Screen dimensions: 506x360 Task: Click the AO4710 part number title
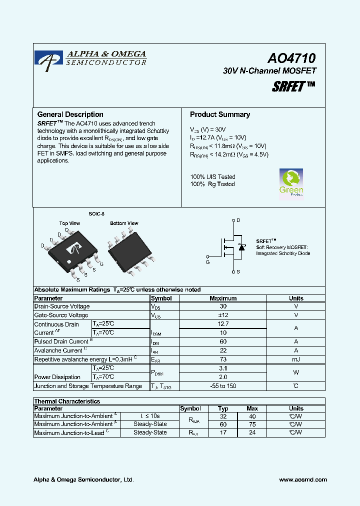[x=291, y=58]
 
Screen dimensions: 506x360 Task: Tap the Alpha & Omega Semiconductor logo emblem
[x=48, y=57]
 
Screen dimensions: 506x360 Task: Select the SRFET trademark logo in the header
[x=293, y=86]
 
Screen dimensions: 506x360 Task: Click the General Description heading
[x=70, y=114]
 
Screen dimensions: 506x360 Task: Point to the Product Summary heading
[x=220, y=114]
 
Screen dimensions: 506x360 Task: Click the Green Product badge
[x=291, y=183]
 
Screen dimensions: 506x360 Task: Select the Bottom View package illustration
[x=128, y=251]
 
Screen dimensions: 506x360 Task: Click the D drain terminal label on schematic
[x=238, y=220]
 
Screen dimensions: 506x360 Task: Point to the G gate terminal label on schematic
[x=207, y=261]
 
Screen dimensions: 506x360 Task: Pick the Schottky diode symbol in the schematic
[x=242, y=247]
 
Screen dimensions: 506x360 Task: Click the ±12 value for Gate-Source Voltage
[x=223, y=315]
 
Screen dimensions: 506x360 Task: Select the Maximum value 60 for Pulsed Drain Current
[x=223, y=341]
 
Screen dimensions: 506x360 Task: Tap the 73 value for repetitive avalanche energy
[x=223, y=359]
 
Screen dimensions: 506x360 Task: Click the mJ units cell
[x=296, y=359]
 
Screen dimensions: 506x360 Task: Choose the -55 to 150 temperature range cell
[x=223, y=386]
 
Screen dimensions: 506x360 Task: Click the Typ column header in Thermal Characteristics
[x=223, y=408]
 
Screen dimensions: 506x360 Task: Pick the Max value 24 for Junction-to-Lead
[x=252, y=432]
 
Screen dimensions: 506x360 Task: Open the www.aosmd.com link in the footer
[x=302, y=479]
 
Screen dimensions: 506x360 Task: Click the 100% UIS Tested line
[x=212, y=177]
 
